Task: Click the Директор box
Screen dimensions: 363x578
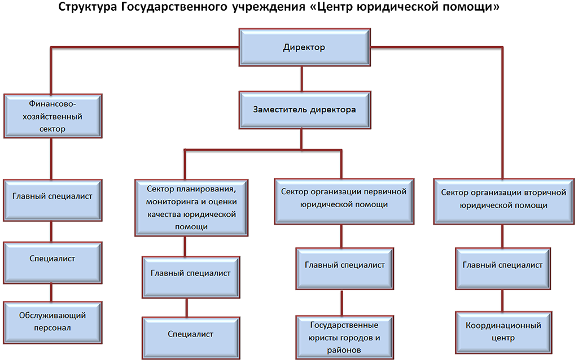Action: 304,47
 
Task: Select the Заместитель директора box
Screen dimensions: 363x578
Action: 304,110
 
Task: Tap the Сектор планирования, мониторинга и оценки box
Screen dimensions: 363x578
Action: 191,206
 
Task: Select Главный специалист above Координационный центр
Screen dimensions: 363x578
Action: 502,265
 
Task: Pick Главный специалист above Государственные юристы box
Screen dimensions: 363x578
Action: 345,265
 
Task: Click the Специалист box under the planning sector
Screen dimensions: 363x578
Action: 190,334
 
